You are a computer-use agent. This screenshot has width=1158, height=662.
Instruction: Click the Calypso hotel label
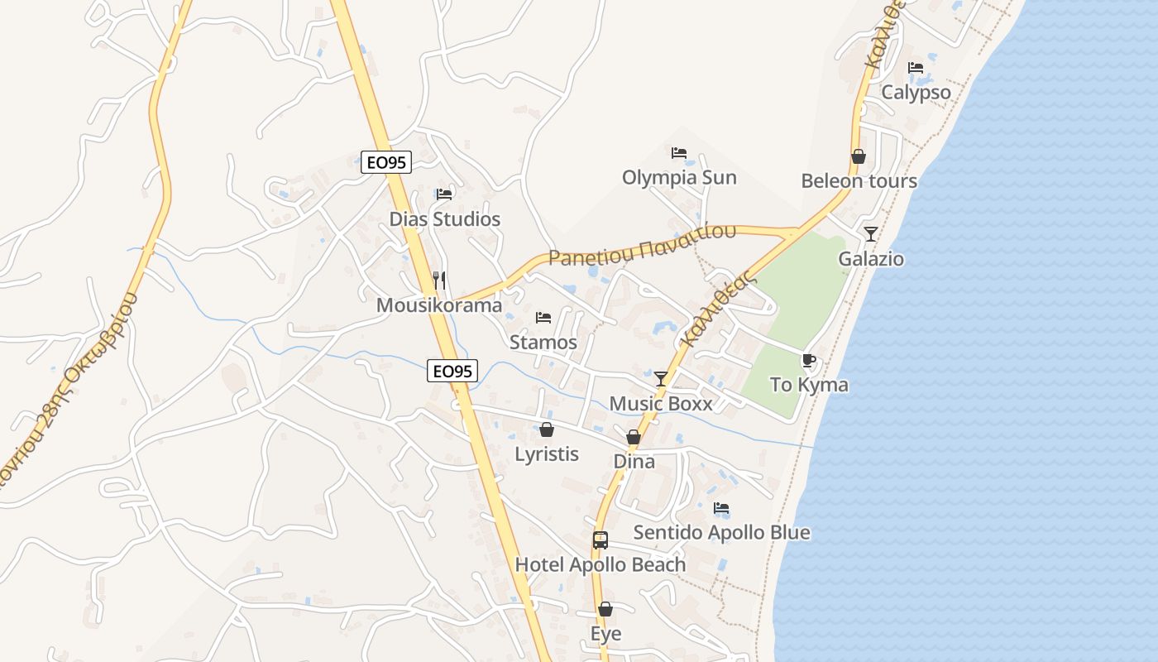pyautogui.click(x=916, y=92)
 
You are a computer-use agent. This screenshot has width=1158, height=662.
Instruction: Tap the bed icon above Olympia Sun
pyautogui.click(x=679, y=153)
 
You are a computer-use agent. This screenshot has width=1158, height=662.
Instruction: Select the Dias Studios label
pyautogui.click(x=445, y=219)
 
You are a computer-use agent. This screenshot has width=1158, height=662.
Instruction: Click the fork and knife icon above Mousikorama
pyautogui.click(x=439, y=281)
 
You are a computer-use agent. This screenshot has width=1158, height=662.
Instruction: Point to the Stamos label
pyautogui.click(x=543, y=342)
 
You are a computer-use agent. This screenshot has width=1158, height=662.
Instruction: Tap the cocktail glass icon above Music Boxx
pyautogui.click(x=661, y=379)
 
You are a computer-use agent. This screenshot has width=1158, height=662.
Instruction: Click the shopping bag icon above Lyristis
pyautogui.click(x=547, y=429)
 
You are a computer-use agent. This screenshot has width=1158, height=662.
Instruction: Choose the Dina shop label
pyautogui.click(x=634, y=462)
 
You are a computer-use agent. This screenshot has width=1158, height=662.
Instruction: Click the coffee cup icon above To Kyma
pyautogui.click(x=809, y=360)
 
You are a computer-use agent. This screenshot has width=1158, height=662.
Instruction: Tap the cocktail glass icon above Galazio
pyautogui.click(x=871, y=234)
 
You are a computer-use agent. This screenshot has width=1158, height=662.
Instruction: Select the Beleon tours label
pyautogui.click(x=859, y=181)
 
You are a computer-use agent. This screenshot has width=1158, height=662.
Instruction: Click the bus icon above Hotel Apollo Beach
pyautogui.click(x=601, y=540)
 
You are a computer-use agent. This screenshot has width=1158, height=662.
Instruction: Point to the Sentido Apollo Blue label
pyautogui.click(x=721, y=532)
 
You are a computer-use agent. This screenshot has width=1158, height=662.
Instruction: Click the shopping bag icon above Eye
pyautogui.click(x=605, y=610)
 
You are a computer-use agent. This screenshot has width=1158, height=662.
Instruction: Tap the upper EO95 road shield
pyautogui.click(x=386, y=162)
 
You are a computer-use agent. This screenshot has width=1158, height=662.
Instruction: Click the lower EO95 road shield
pyautogui.click(x=452, y=372)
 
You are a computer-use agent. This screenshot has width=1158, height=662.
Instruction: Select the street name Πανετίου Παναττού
pyautogui.click(x=642, y=245)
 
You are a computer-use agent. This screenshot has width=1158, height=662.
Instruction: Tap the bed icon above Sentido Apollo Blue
pyautogui.click(x=721, y=508)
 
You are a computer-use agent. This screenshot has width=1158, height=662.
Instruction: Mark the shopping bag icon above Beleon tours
pyautogui.click(x=859, y=156)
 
